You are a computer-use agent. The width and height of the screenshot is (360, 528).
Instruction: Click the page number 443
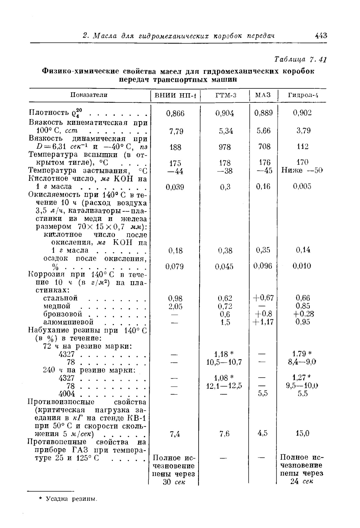(321, 36)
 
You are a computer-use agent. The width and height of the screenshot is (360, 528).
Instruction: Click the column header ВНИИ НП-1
(175, 96)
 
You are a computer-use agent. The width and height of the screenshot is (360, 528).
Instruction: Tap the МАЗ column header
(263, 95)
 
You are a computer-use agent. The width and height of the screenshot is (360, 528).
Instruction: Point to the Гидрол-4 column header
(303, 96)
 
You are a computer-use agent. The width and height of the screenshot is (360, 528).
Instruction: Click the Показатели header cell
(89, 95)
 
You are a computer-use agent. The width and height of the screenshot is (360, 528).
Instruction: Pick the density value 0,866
(175, 113)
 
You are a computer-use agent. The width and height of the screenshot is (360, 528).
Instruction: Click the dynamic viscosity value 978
(225, 147)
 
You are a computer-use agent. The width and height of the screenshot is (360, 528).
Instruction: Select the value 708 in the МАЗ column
(264, 147)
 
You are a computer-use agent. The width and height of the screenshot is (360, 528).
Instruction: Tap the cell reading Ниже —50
(302, 171)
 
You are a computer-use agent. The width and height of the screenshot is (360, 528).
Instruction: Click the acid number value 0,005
(302, 186)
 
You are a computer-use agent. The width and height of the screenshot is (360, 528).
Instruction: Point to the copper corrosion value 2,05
(175, 306)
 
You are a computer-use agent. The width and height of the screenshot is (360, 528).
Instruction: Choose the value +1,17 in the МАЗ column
(263, 322)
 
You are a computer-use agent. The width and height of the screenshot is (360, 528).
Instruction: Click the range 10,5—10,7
(224, 362)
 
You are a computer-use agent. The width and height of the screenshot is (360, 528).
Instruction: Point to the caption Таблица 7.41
(300, 59)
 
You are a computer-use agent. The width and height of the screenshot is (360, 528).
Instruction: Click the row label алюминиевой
(68, 322)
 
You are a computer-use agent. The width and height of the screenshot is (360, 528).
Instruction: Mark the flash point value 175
(175, 163)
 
